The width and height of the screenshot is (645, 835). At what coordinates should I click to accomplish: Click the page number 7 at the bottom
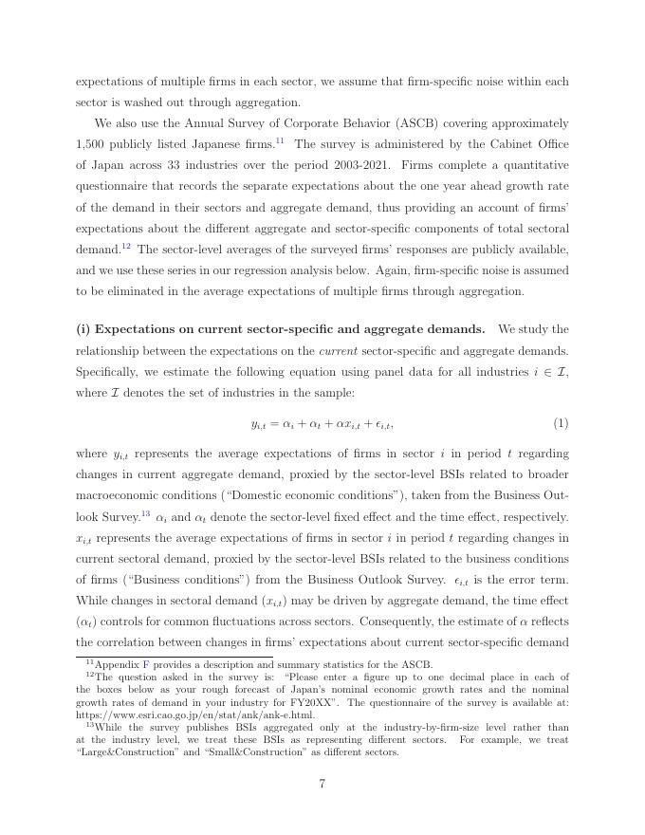point(322,809)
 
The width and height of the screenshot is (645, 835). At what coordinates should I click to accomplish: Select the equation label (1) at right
point(561,423)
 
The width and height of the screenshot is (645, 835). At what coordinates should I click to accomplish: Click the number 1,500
point(91,144)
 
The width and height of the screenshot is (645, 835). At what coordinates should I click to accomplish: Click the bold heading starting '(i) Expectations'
point(281,329)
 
